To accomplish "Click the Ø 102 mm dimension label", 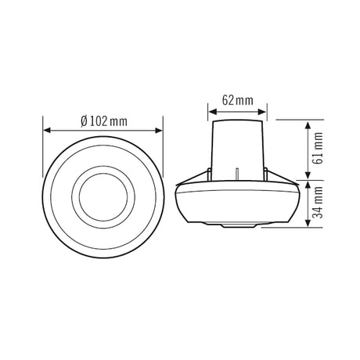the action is coord(104,121).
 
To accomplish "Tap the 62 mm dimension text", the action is coord(238,100).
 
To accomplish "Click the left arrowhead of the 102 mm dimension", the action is coord(47,130).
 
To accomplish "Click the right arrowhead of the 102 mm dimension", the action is coord(159,130).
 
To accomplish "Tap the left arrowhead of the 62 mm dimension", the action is coord(213,112).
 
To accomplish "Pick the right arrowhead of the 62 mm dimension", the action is coord(261,112).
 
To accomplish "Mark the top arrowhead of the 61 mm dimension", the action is coord(308,125).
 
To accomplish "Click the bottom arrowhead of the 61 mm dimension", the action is coord(308,175).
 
